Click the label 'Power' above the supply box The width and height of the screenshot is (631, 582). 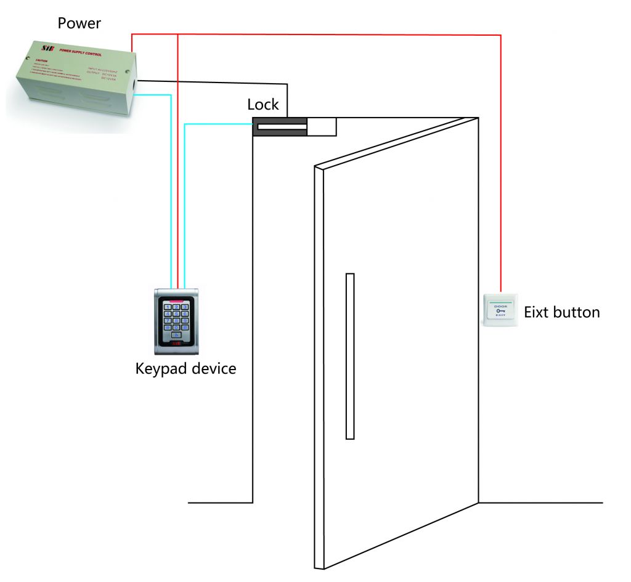click(79, 23)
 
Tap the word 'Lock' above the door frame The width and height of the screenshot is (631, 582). click(263, 104)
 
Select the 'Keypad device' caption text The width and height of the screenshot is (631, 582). click(185, 369)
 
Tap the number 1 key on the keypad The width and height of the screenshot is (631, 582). click(167, 306)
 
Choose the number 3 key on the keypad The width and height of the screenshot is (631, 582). click(185, 306)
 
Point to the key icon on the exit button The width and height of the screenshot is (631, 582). click(500, 310)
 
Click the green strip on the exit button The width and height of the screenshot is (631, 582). click(500, 299)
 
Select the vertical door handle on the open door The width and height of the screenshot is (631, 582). click(350, 356)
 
